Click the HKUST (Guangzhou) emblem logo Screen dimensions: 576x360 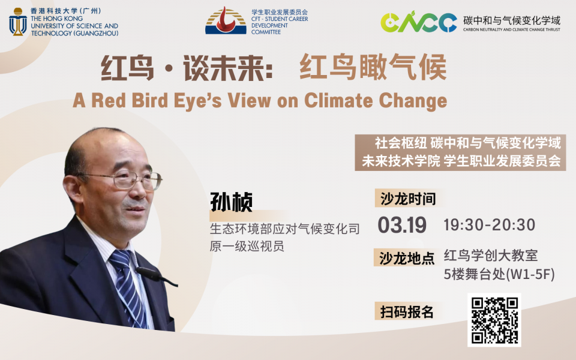pos(17,22)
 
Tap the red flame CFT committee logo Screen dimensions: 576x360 pos(226,20)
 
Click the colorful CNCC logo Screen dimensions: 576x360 pos(418,22)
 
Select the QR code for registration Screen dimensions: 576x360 pos(494,320)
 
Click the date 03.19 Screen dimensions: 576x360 pos(402,225)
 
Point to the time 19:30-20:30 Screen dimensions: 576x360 pos(490,225)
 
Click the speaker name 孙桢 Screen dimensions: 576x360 pos(231,202)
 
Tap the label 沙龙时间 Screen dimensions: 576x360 pos(408,199)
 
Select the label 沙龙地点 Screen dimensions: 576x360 pos(407,258)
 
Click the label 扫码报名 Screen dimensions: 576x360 pos(407,312)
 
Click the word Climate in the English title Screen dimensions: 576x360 pos(338,100)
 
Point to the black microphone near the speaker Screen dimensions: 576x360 pos(156,276)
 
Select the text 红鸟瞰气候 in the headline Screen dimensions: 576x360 pos(373,67)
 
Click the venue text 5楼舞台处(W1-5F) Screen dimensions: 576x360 pos(499,274)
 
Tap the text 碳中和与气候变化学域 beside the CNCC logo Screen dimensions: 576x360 pos(512,20)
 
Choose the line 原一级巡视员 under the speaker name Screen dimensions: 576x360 pos(247,246)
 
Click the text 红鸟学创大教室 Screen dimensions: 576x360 pos(491,256)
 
